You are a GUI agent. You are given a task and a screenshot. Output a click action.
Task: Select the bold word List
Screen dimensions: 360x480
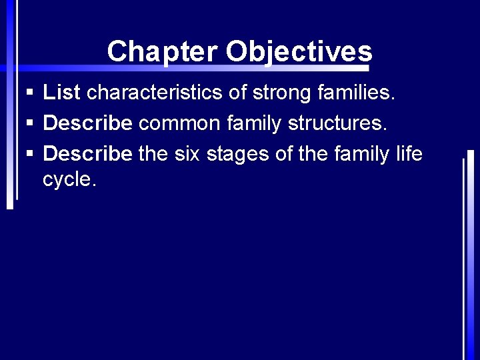tap(62, 93)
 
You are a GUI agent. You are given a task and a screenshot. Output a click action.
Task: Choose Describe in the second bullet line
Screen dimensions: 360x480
tap(88, 123)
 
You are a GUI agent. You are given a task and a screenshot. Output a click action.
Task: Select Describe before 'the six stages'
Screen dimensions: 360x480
tap(88, 154)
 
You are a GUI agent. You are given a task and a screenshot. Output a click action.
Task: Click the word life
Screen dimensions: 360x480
tap(409, 154)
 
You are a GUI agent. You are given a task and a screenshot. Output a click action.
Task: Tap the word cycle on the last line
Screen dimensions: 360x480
tap(69, 179)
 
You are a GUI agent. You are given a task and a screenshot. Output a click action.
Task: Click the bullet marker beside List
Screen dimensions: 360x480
tap(30, 93)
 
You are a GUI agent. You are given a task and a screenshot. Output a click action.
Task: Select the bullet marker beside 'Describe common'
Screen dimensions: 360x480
tap(30, 124)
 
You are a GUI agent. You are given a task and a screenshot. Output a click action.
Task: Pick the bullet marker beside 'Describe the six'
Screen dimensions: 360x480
tap(30, 155)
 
